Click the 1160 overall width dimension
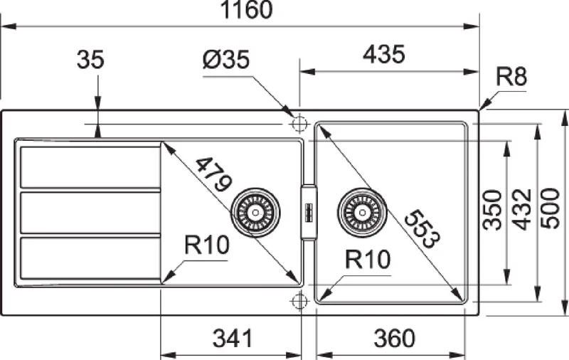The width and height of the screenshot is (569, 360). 246,10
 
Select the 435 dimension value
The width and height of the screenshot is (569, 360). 384,55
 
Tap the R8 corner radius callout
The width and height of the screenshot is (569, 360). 511,77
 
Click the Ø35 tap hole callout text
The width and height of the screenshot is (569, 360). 226,59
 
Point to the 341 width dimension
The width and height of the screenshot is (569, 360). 233,338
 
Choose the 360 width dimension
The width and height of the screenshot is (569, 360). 394,338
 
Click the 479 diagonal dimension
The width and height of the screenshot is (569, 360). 214,174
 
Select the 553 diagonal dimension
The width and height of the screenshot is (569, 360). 422,229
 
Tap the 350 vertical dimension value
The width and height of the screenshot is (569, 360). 492,210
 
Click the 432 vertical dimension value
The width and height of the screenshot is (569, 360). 523,210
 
